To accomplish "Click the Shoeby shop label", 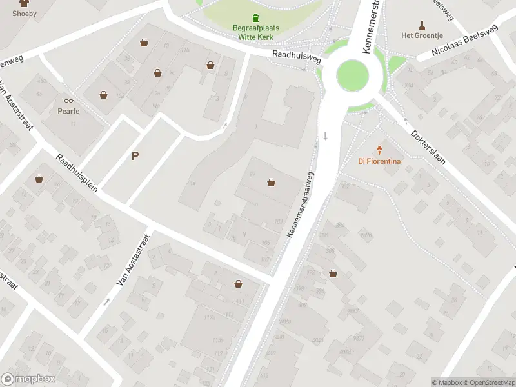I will tap(25, 13).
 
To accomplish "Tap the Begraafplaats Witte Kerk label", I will tap(256, 32).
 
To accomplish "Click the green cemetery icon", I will tap(256, 17).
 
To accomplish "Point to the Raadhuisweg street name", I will tap(297, 57).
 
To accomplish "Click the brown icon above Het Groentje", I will tap(422, 25).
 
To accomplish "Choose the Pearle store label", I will tap(68, 111).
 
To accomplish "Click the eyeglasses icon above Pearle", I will tap(68, 100).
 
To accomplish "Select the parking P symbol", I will tap(135, 155).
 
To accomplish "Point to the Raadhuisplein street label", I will tap(77, 173).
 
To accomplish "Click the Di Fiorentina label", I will tap(379, 161).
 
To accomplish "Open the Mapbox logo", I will tap(28, 379).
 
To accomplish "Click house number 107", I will tap(264, 259).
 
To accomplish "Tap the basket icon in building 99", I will tap(272, 183).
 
